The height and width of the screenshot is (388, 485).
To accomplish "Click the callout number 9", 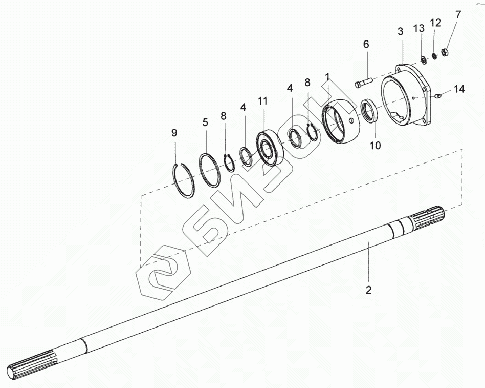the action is point(174,133).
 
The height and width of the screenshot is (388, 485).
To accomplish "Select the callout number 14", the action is point(459,89).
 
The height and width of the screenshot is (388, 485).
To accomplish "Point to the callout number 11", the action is point(262,101).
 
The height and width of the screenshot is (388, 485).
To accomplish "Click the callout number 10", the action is point(375,145).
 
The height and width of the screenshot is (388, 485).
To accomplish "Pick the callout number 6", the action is point(366,45).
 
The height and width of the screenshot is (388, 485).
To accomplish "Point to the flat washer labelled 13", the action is point(424,60).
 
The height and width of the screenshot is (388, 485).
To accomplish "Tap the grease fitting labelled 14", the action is point(437,95).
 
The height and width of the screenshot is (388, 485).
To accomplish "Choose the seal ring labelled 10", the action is point(369,111).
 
